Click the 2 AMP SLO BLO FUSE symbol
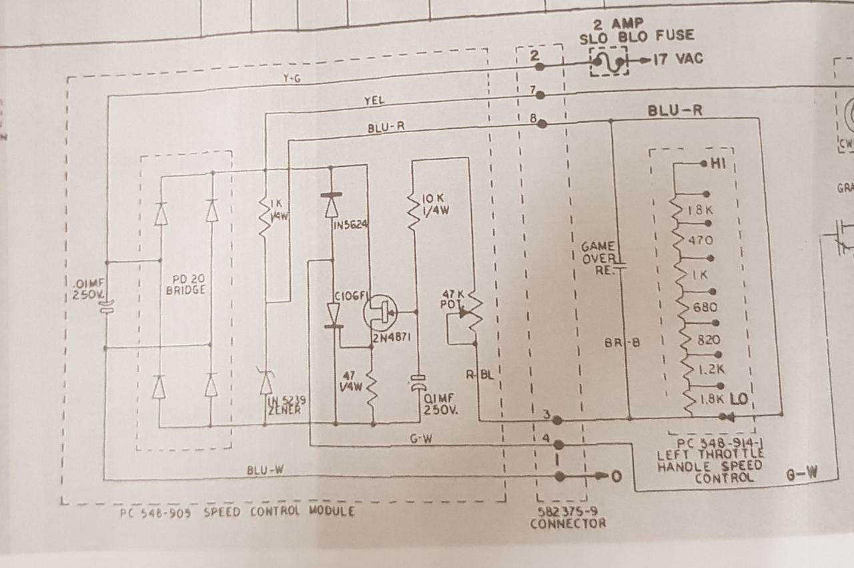click(609, 61)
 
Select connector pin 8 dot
click(542, 123)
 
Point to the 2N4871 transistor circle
click(380, 312)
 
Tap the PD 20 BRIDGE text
click(185, 285)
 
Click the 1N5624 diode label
click(351, 224)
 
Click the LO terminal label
click(739, 398)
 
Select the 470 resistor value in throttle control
click(699, 240)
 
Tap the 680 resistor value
click(705, 308)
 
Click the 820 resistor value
click(708, 340)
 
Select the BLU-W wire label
click(266, 470)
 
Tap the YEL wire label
click(374, 101)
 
